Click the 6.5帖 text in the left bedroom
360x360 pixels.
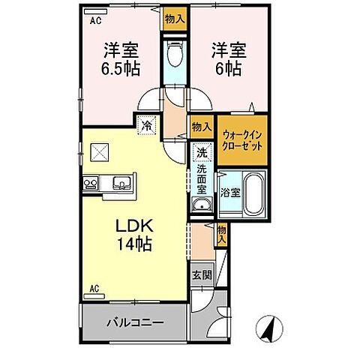point(119,68)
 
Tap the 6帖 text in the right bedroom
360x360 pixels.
point(219,68)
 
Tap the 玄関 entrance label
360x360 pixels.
point(199,275)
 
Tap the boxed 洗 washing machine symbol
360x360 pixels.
point(201,152)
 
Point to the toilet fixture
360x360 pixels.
point(173,55)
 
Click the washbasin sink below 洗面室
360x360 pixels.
point(200,207)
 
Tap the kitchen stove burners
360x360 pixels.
point(91,183)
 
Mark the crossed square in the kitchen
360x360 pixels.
point(100,151)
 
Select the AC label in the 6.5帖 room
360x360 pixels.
point(95,22)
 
